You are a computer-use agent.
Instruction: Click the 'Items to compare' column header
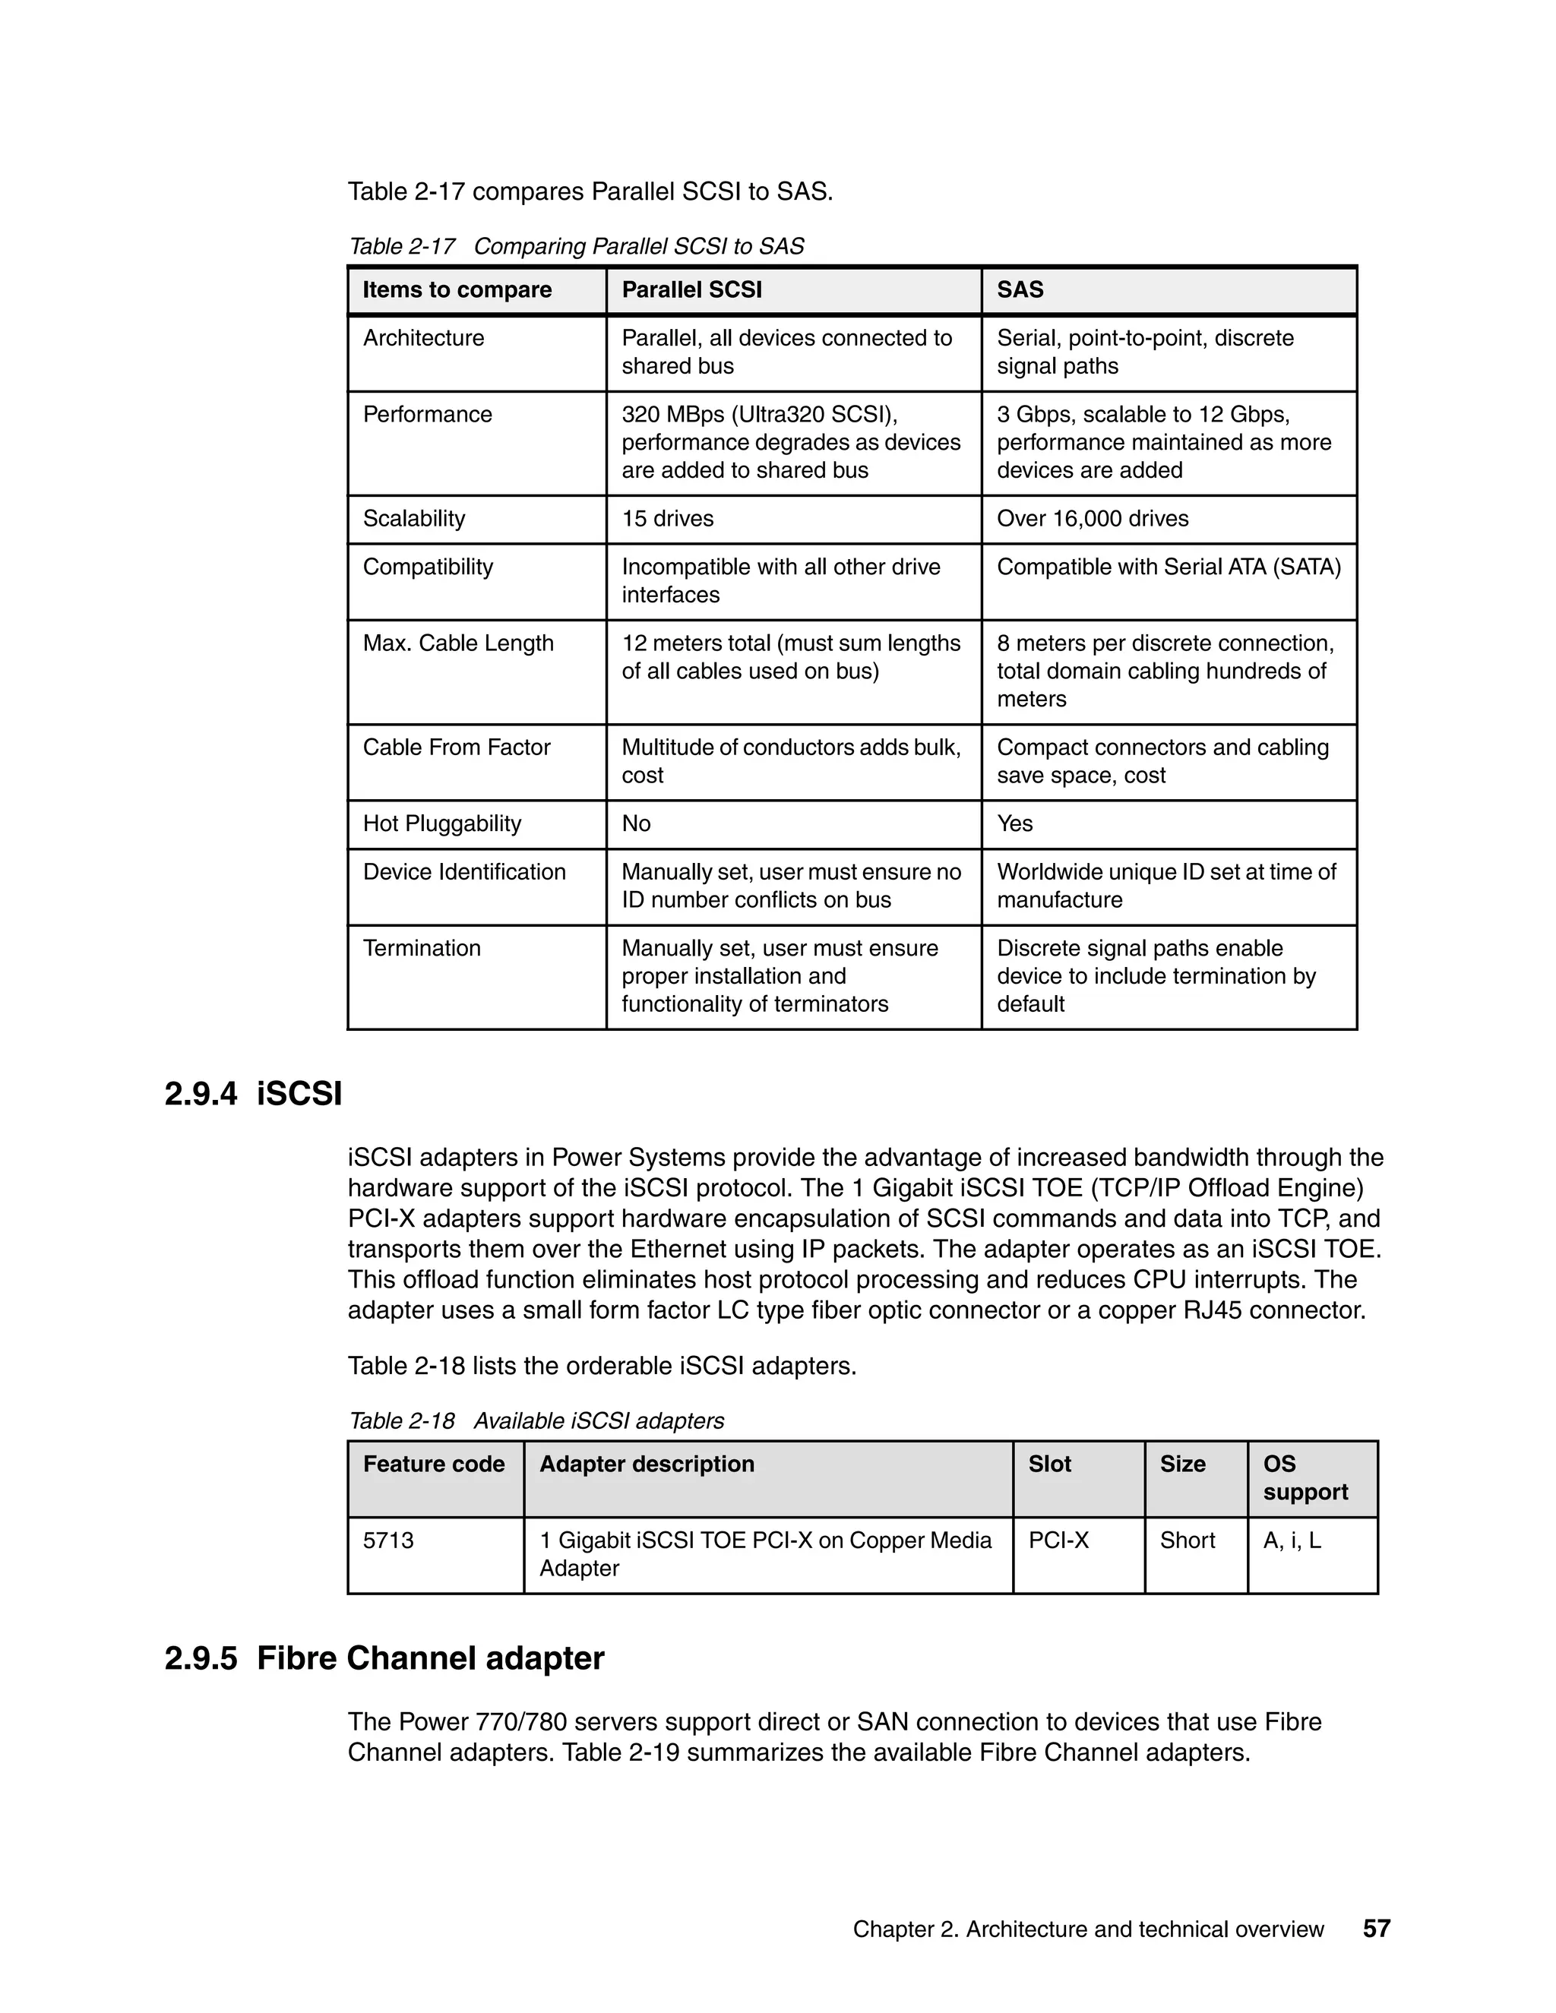(457, 289)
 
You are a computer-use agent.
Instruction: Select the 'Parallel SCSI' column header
(691, 289)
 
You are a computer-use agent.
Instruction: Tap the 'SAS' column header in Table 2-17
(1020, 289)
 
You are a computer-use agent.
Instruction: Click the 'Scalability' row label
(414, 518)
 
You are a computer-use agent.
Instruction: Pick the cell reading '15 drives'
(667, 518)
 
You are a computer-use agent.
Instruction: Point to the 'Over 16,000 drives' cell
(1093, 518)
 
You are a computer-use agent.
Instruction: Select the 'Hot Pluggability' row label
(441, 823)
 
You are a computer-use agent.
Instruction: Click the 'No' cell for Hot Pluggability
(636, 823)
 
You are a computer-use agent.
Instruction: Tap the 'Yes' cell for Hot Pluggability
(1014, 823)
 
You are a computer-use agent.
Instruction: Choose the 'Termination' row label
(421, 947)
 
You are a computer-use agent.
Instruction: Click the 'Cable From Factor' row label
(457, 747)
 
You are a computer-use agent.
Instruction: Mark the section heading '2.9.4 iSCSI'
(254, 1094)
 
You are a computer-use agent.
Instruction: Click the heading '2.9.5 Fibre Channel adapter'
(384, 1658)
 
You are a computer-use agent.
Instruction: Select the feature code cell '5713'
(388, 1541)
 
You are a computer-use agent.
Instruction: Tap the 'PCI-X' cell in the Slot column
(1058, 1541)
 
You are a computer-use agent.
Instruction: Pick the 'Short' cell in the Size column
(1188, 1541)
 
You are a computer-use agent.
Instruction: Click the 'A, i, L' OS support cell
(1292, 1541)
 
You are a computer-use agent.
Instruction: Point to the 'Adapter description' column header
(647, 1464)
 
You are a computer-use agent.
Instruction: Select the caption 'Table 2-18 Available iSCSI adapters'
(536, 1420)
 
